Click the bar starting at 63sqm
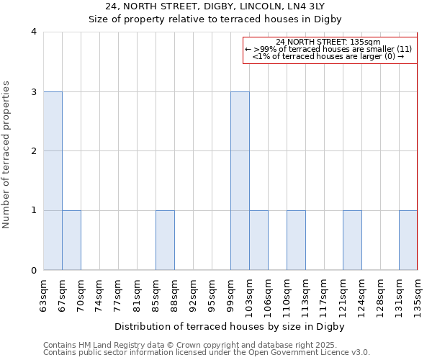pyautogui.click(x=53, y=181)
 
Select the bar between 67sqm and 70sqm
pyautogui.click(x=71, y=240)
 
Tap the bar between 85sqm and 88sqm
pyautogui.click(x=165, y=240)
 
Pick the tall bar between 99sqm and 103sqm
pyautogui.click(x=240, y=181)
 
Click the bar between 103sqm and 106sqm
pyautogui.click(x=258, y=240)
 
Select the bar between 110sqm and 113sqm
pyautogui.click(x=296, y=240)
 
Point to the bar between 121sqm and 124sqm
pyautogui.click(x=352, y=240)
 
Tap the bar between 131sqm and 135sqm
pyautogui.click(x=408, y=240)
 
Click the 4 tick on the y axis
pyautogui.click(x=34, y=32)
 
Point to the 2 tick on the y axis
pyautogui.click(x=34, y=151)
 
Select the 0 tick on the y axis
pyautogui.click(x=34, y=271)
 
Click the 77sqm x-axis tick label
pyautogui.click(x=119, y=294)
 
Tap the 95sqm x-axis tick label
pyautogui.click(x=212, y=294)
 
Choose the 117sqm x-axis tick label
pyautogui.click(x=325, y=296)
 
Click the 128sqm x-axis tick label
pyautogui.click(x=381, y=296)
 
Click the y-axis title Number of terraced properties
pyautogui.click(x=7, y=155)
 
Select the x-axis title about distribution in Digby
pyautogui.click(x=230, y=326)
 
